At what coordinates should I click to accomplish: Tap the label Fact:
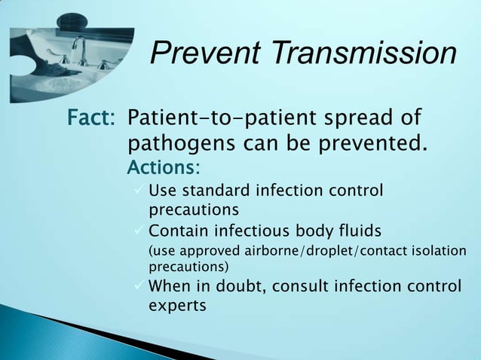tap(91, 119)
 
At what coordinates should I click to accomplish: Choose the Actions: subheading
tap(164, 165)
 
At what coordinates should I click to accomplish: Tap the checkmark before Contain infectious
tap(137, 230)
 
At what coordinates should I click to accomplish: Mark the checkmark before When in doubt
tap(137, 286)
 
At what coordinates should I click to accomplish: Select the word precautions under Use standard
tap(194, 209)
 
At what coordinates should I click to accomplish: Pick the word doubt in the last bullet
tap(240, 286)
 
